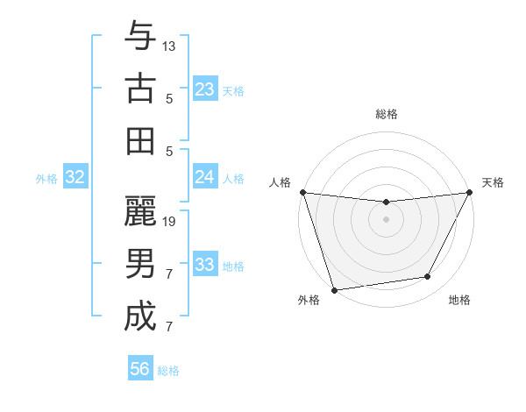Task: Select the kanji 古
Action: point(140,89)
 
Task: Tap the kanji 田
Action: point(140,141)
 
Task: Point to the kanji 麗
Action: point(140,211)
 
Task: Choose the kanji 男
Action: point(140,264)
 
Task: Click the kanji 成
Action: point(140,316)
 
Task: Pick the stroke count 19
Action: point(170,221)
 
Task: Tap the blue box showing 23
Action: point(205,89)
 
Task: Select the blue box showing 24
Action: point(205,177)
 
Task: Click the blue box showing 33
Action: point(205,265)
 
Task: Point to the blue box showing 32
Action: point(75,178)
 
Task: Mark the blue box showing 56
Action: point(140,369)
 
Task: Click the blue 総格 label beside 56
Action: point(168,371)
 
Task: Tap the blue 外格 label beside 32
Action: point(46,179)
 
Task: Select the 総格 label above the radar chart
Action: point(386,114)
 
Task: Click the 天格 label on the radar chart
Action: point(493,182)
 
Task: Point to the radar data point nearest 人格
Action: point(302,192)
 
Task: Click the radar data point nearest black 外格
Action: point(334,289)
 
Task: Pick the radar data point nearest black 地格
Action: point(428,277)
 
